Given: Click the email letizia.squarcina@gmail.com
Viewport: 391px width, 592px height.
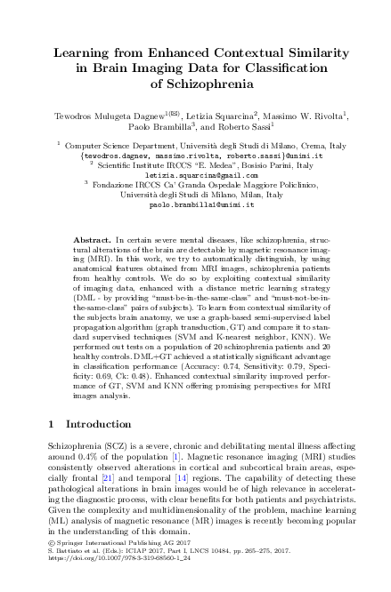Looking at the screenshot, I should coord(195,176).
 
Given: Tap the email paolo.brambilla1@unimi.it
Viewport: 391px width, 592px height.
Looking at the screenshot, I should coord(195,204).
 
